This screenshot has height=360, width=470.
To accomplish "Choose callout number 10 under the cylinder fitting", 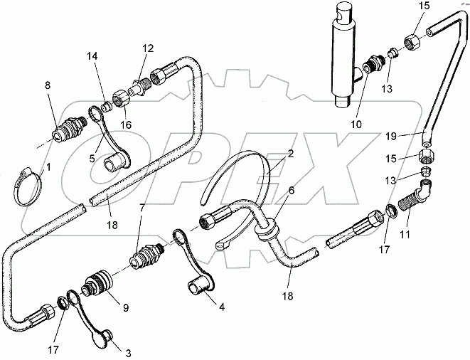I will [356, 124].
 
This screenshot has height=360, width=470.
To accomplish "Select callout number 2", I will [291, 153].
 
